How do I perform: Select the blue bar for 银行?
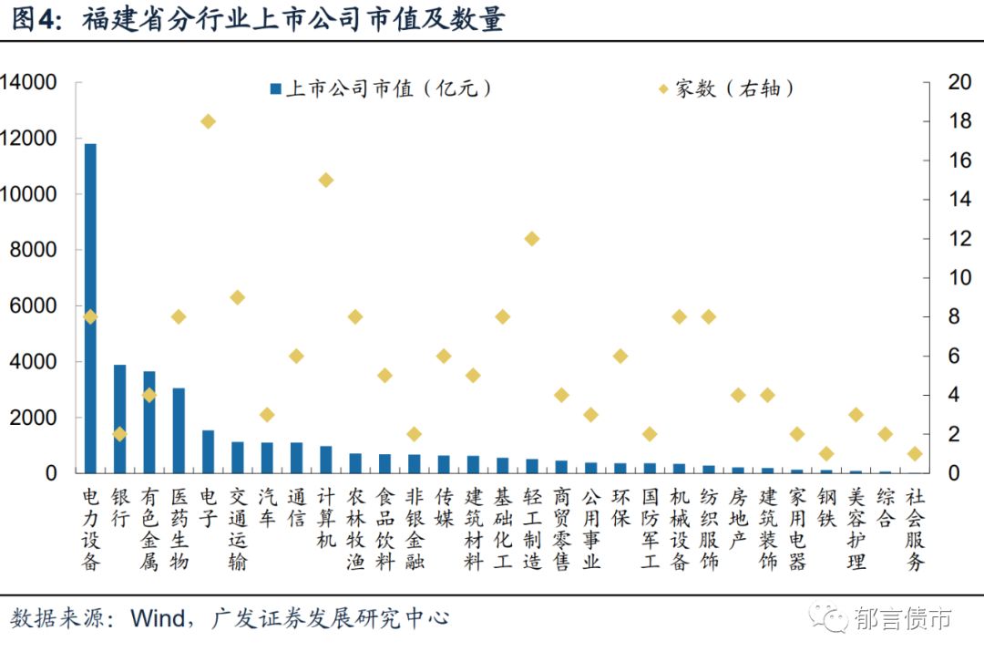point(119,419)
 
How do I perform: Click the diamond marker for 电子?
point(208,121)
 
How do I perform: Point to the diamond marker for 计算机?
point(325,180)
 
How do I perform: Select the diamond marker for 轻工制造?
point(532,239)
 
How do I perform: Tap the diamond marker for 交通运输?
point(237,297)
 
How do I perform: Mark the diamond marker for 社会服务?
point(915,454)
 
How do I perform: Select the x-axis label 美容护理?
point(856,529)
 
